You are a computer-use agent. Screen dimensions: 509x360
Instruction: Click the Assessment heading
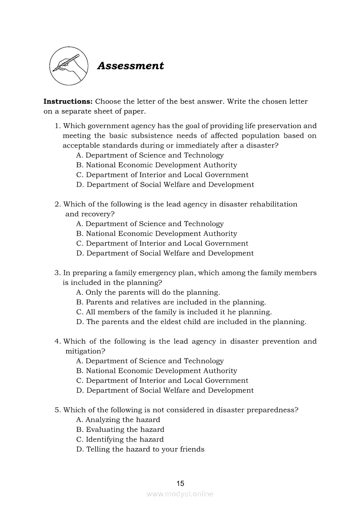(x=130, y=66)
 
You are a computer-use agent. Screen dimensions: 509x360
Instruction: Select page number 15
(x=180, y=483)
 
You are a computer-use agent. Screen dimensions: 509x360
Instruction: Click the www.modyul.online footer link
(x=180, y=494)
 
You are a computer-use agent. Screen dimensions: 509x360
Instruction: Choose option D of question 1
(x=165, y=185)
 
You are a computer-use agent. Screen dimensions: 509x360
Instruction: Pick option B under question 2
(x=156, y=234)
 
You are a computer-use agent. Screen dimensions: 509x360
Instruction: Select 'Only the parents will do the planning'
(x=148, y=293)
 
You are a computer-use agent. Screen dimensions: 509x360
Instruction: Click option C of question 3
(x=173, y=312)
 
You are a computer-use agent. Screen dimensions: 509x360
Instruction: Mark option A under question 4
(x=149, y=361)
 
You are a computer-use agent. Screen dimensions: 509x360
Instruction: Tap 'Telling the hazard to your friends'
(x=140, y=449)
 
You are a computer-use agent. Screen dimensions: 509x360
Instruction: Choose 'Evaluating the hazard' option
(x=120, y=430)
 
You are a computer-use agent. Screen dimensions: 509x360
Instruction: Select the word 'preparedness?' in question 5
(x=273, y=410)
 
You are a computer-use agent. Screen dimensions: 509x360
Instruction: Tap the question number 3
(x=57, y=273)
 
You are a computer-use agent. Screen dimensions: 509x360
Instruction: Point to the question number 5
(x=57, y=410)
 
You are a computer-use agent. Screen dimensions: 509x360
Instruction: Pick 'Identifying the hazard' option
(x=120, y=439)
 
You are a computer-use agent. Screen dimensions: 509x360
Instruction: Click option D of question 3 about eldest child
(x=191, y=322)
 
